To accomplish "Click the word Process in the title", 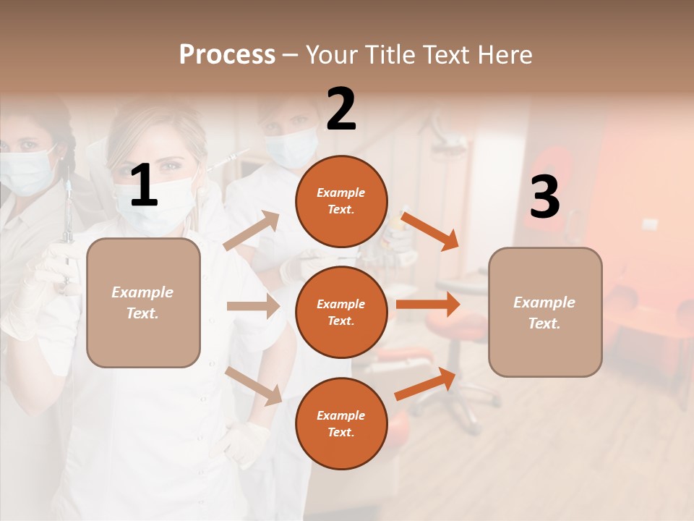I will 227,55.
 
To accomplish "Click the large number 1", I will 144,186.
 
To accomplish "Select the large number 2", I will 341,109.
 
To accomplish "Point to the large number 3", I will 544,198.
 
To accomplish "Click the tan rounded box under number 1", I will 143,302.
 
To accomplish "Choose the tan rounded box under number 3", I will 545,312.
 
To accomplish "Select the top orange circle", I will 341,201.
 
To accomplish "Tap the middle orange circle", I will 341,312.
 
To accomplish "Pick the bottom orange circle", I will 341,423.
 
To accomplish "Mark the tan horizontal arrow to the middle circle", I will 253,306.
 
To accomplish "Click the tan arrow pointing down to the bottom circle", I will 254,386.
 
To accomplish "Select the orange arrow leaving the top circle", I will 430,231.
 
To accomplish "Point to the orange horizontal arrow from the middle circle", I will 427,304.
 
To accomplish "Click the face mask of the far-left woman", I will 25,171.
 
